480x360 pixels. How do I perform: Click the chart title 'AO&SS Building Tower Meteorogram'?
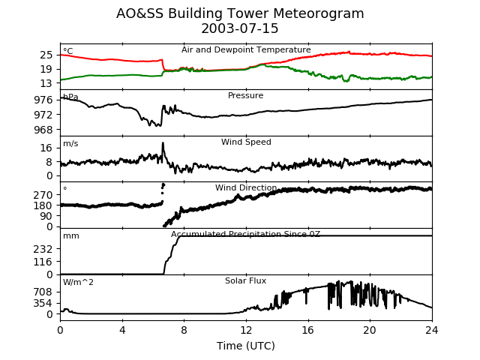240,13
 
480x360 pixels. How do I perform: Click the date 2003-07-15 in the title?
240,29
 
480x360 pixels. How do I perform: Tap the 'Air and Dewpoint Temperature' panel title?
246,49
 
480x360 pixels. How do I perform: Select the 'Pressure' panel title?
246,96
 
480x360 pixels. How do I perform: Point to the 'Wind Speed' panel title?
246,142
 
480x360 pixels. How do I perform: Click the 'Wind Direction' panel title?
246,188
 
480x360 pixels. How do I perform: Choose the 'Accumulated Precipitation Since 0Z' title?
246,235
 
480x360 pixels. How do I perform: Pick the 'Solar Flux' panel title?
246,281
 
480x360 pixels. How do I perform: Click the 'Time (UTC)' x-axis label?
246,346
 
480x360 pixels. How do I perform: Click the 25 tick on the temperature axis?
46,55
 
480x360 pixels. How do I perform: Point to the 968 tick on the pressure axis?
43,130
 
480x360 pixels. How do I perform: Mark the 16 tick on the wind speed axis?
46,148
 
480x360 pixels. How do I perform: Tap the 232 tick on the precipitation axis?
43,249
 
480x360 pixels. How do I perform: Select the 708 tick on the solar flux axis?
43,292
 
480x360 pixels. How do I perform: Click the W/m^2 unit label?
78,283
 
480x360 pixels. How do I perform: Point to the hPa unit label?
70,97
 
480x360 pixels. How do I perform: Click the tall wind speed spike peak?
163,143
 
